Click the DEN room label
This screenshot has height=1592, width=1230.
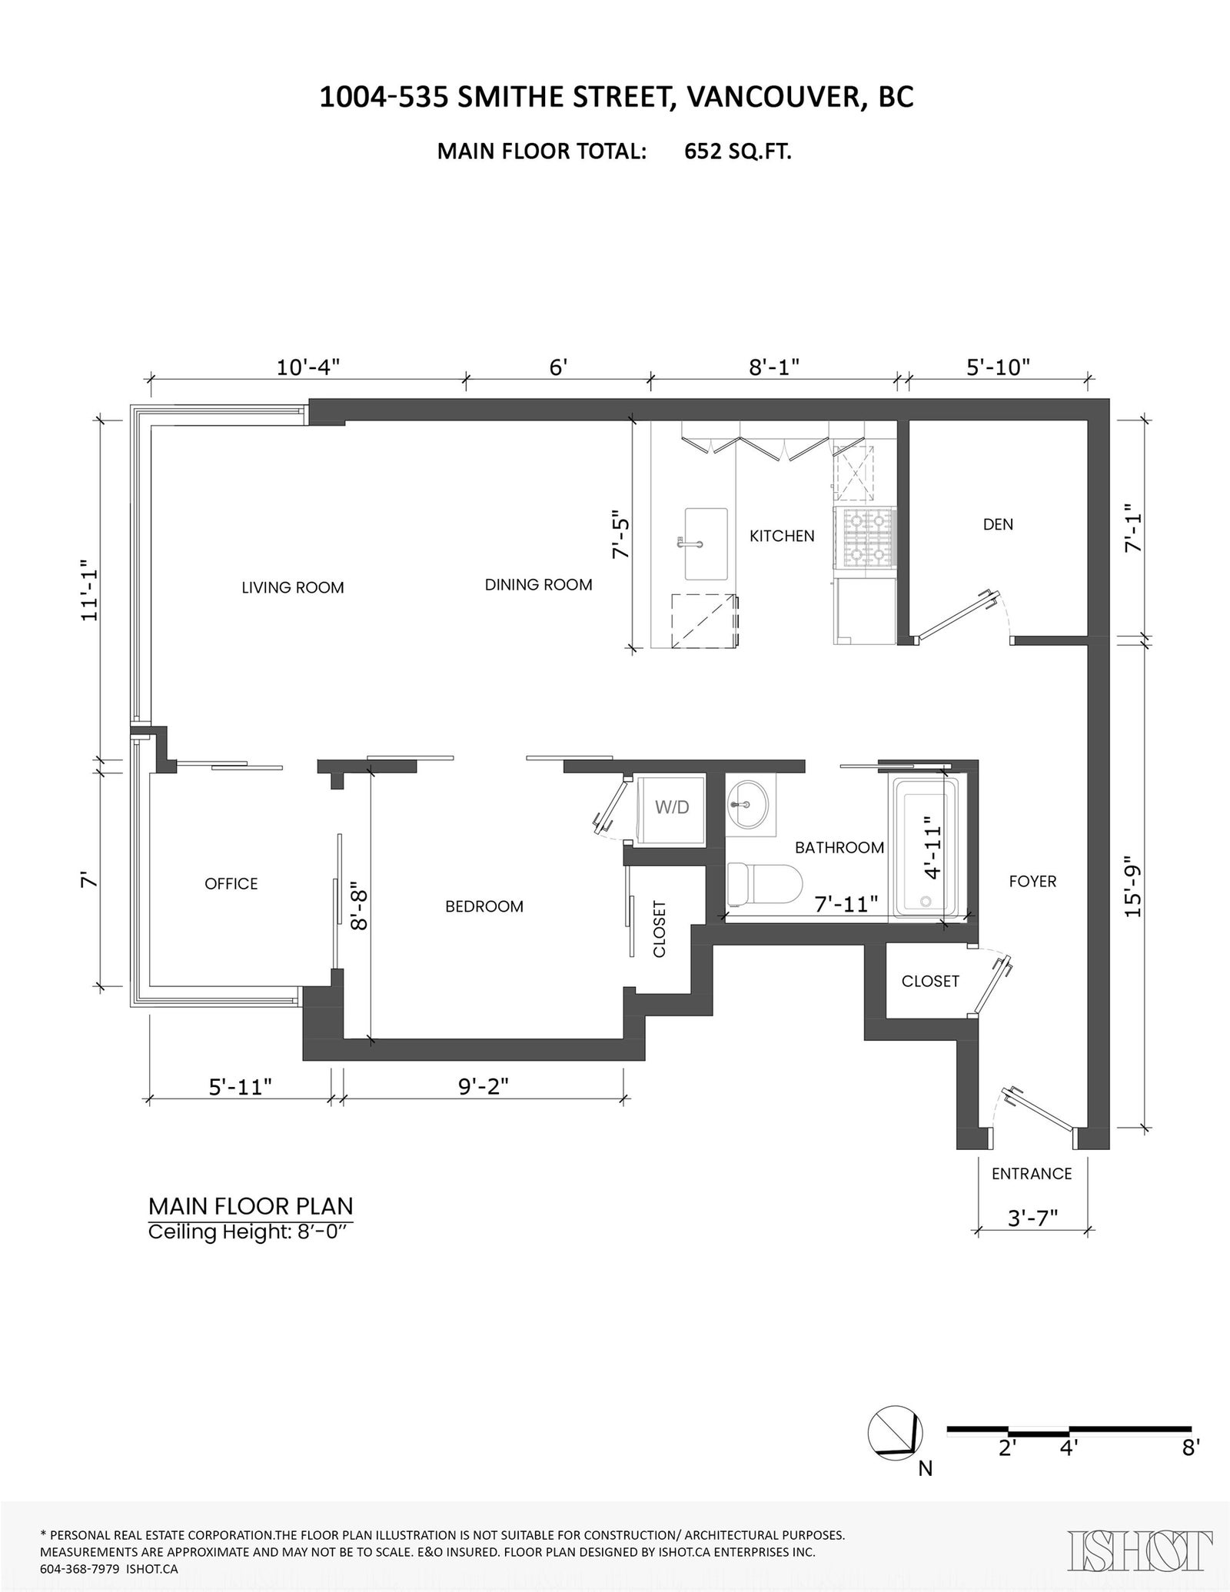(x=998, y=524)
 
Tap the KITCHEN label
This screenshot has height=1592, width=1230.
(x=782, y=536)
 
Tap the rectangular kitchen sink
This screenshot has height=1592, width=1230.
(x=706, y=543)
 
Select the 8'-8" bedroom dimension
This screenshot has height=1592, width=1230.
(x=358, y=909)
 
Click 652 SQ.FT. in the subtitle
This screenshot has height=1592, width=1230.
(x=738, y=151)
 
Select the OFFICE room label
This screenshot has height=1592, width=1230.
(x=231, y=884)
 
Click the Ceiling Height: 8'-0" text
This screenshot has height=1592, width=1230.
(x=251, y=1232)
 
